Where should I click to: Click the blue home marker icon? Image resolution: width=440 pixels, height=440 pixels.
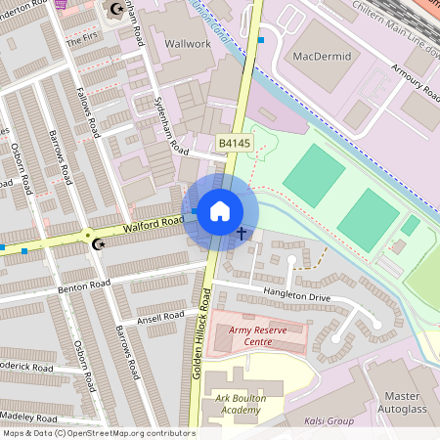point(220,210)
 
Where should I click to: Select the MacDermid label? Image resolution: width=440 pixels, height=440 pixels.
point(322,56)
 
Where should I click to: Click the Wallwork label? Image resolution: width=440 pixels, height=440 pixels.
point(188,44)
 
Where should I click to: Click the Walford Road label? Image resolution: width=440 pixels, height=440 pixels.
point(154,225)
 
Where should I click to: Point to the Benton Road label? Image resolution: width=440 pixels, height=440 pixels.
point(84,285)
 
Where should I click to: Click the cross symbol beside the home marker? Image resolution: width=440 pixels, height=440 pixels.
point(242,234)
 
